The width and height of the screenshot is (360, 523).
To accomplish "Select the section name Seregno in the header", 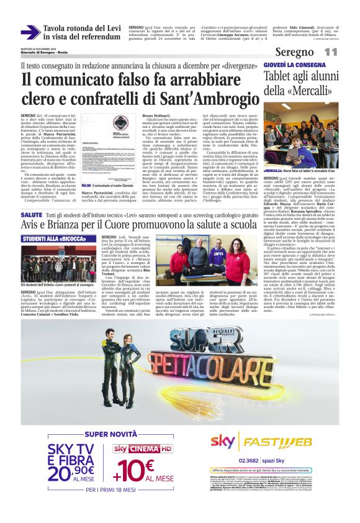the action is tap(312, 53).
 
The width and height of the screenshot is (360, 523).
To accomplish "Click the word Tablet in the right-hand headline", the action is tap(281, 76).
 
